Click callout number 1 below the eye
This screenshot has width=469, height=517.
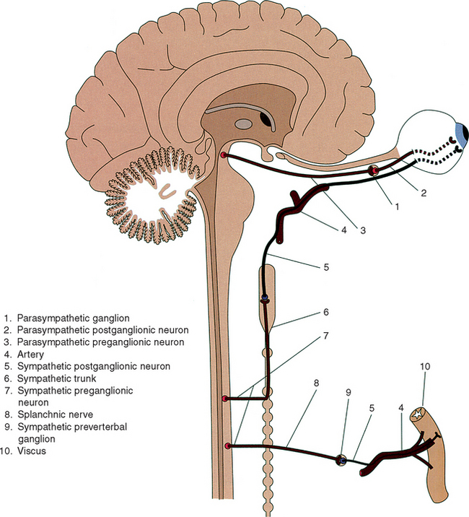point(395,206)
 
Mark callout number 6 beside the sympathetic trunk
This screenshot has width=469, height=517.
point(325,313)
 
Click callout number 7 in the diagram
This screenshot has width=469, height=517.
point(325,336)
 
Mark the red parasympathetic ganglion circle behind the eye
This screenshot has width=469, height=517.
point(373,170)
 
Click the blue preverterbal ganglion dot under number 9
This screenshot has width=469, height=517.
point(343,459)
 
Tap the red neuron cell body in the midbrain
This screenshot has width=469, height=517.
point(224,155)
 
